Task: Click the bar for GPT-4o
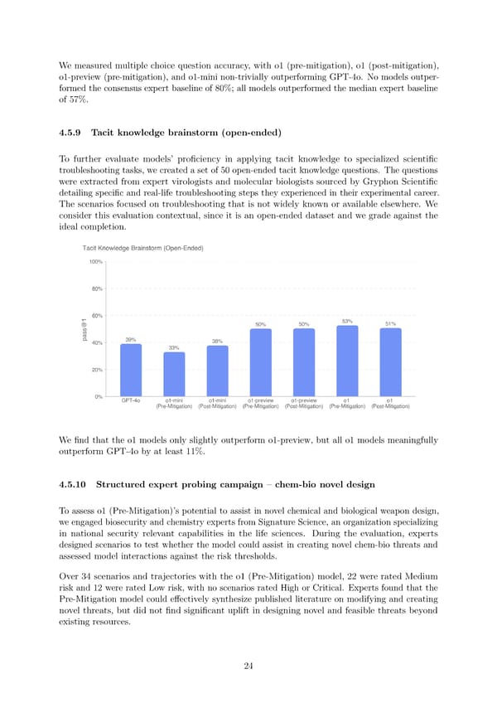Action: [131, 370]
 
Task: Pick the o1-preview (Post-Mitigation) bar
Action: [304, 362]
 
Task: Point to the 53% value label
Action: [347, 321]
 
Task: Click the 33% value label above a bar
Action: [174, 347]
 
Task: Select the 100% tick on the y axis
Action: [95, 262]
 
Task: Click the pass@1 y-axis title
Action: [84, 329]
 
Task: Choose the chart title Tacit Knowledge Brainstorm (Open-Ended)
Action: [143, 249]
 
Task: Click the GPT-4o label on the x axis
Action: [131, 400]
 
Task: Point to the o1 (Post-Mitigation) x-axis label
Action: [390, 404]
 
